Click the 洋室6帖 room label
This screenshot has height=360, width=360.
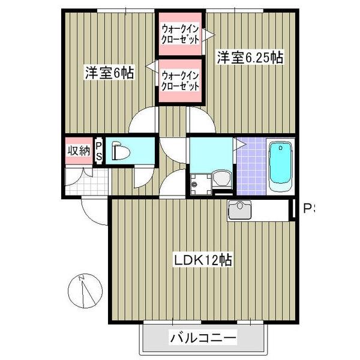pos(109,73)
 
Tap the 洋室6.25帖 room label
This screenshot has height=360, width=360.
pos(250,58)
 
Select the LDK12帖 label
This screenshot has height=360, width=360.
pos(203,260)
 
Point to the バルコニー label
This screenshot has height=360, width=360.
pos(203,338)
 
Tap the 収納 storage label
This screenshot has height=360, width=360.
pos(77,150)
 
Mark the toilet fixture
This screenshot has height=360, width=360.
pos(121,152)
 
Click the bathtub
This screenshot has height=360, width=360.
pos(280,166)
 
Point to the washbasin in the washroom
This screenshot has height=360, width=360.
pos(221,179)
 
